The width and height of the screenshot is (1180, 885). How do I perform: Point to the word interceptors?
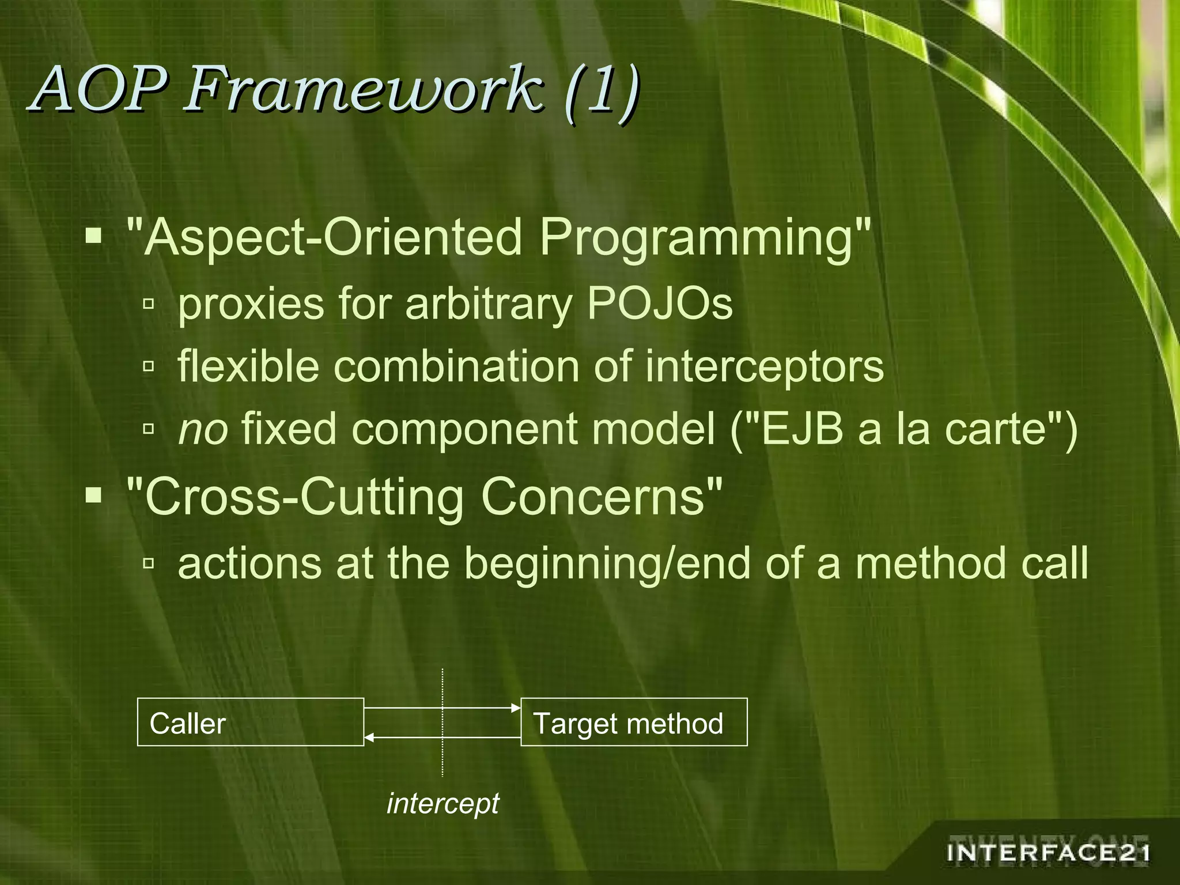click(763, 366)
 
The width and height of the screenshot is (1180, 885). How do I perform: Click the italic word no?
click(203, 430)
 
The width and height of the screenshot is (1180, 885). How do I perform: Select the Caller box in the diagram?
click(251, 722)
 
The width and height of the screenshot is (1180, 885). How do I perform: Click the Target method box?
click(634, 722)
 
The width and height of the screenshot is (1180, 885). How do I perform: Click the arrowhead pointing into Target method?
click(516, 708)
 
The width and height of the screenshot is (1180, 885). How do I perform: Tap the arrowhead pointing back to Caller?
click(369, 737)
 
